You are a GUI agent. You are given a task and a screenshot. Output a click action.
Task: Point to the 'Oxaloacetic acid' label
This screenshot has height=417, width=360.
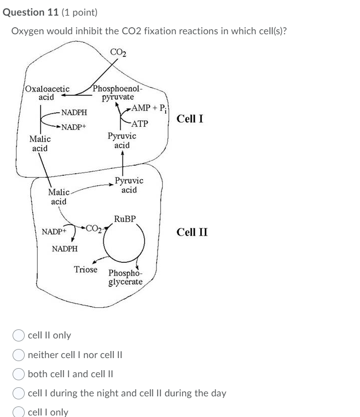[x=47, y=93]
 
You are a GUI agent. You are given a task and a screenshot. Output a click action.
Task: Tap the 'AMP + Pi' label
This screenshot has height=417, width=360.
[x=151, y=108]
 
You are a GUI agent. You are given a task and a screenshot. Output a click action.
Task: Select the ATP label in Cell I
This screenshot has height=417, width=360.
[x=139, y=123]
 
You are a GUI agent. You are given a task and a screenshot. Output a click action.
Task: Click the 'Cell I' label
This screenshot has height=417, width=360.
[x=190, y=119]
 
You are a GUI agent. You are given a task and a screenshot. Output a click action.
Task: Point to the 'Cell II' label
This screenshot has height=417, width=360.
[x=192, y=232]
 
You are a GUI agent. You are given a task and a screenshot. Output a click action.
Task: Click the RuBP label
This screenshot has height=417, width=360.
[x=125, y=219]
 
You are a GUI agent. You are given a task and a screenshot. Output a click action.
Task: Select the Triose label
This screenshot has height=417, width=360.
[x=86, y=269]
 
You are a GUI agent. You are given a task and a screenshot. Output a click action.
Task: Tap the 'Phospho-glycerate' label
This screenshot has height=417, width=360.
[x=125, y=277]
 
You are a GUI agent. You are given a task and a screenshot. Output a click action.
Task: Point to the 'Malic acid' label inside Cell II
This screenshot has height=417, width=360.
[x=58, y=197]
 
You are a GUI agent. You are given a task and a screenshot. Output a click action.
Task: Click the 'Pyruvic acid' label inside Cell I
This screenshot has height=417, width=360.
[x=121, y=141]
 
